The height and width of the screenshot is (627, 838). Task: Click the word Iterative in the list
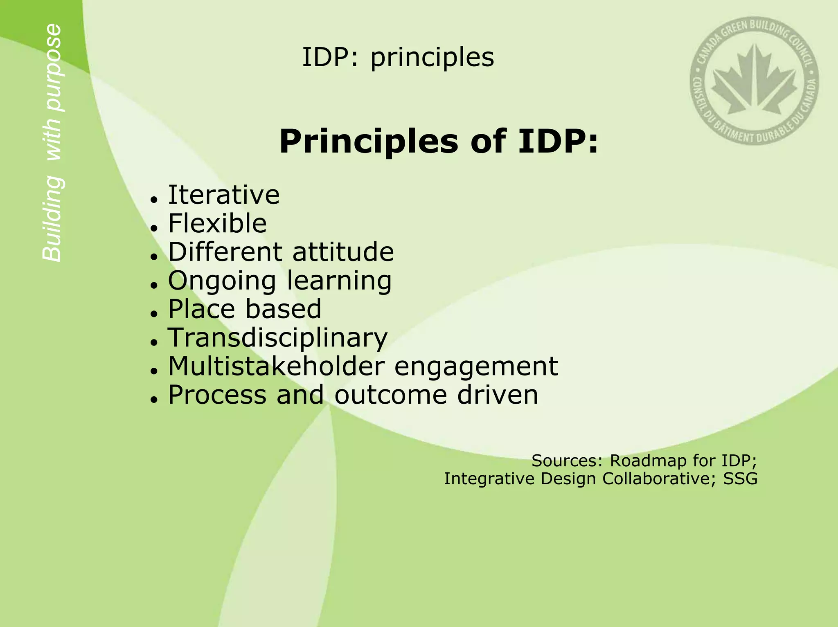coord(224,195)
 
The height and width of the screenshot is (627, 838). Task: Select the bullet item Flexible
coord(217,224)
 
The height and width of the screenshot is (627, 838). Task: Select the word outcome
coord(390,395)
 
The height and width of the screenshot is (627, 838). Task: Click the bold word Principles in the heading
coord(368,142)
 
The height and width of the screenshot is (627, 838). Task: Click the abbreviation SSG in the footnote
coord(740,479)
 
